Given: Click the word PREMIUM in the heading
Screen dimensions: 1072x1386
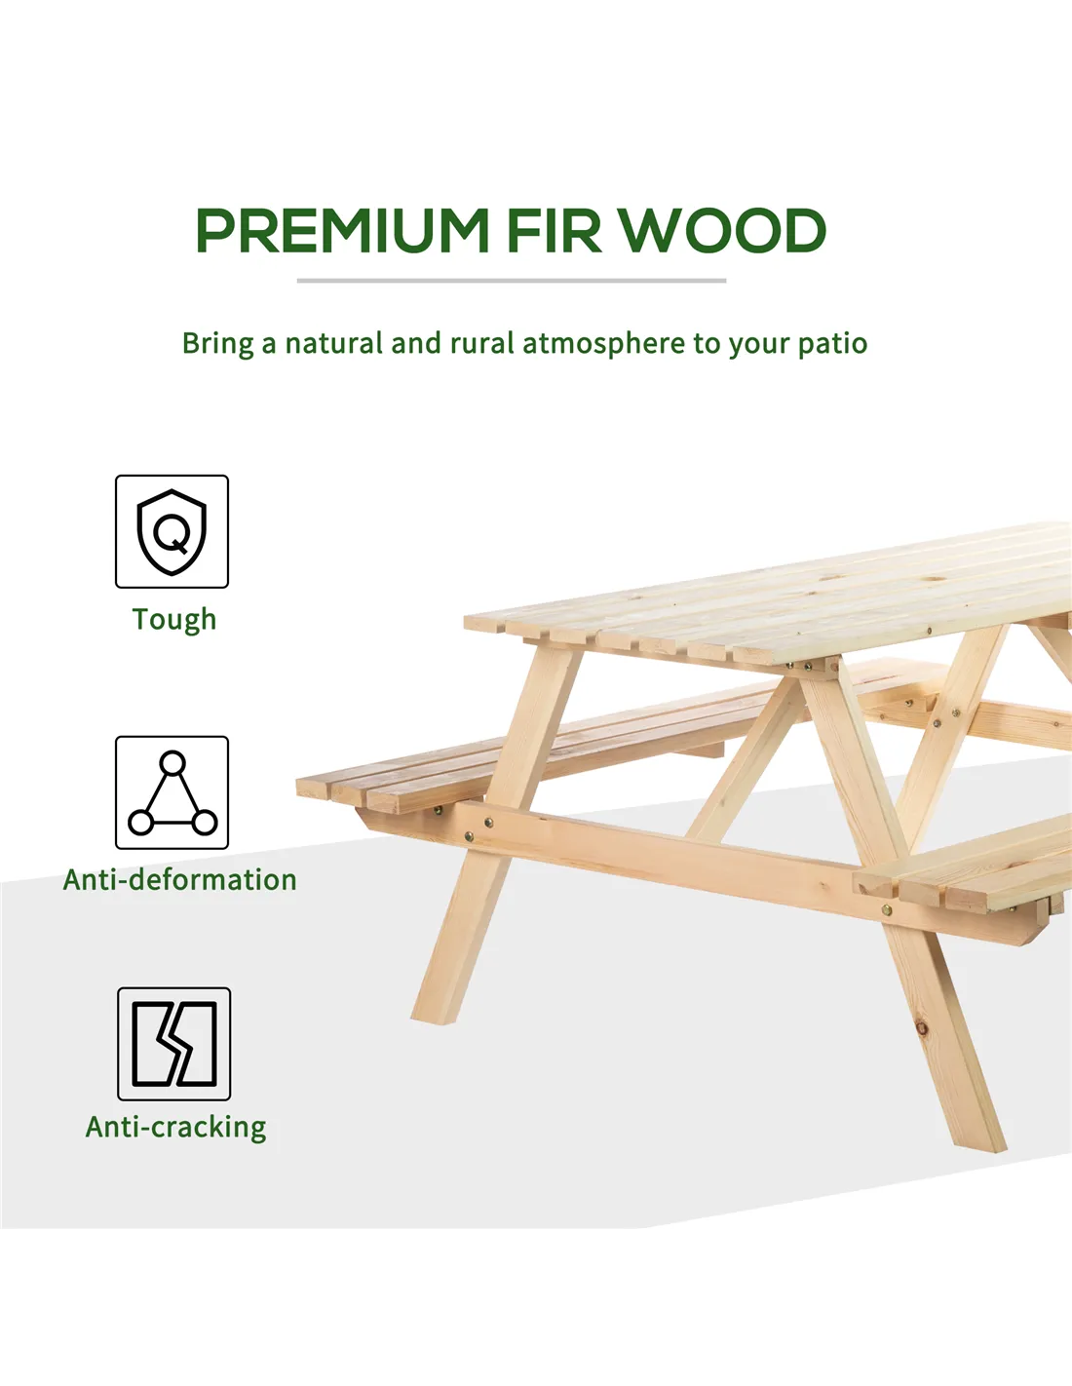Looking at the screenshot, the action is point(342,230).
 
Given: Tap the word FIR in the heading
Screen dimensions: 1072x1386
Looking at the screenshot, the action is point(555,230).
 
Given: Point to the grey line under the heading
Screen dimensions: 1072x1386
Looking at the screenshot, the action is point(512,280).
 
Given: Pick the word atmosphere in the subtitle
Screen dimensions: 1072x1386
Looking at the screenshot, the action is point(603,343).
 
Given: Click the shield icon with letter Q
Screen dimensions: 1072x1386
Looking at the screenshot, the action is point(172,531).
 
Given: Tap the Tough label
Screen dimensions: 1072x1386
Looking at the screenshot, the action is point(174,620).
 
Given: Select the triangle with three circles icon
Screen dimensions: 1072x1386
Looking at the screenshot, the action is point(172,792).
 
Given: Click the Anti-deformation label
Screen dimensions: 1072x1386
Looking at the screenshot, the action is point(180,880).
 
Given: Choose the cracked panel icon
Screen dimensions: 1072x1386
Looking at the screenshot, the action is point(174,1044).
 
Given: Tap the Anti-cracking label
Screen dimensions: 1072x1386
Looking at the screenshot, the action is point(176,1128).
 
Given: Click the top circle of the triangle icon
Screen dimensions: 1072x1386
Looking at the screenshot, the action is point(172,762).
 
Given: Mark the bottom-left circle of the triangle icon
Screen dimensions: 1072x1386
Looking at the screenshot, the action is point(140,823).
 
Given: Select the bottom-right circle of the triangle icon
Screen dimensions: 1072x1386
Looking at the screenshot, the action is point(204,823).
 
